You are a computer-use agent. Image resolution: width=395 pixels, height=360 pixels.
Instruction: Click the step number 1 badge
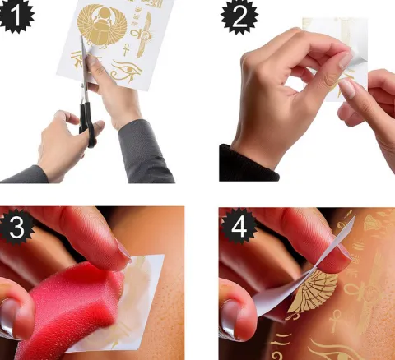tap(16, 16)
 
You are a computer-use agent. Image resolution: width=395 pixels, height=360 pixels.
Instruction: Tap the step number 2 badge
tap(239, 16)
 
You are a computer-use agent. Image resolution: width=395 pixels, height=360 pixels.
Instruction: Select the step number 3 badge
tap(16, 227)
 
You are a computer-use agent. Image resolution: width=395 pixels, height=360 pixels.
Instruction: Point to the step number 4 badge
tap(239, 226)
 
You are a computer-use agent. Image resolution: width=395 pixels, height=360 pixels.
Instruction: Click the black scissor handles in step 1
tap(88, 123)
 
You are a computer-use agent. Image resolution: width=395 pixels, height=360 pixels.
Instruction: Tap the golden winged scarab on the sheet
tap(102, 26)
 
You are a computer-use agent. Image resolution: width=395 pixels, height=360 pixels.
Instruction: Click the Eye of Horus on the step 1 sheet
tap(126, 71)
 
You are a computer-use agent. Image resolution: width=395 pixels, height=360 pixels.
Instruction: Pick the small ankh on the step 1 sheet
tap(126, 49)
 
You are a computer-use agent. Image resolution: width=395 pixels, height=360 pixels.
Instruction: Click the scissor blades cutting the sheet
tap(84, 68)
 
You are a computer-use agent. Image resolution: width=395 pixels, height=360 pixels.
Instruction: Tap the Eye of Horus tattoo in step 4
tap(340, 351)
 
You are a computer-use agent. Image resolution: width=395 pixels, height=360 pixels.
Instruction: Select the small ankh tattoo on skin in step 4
tap(336, 321)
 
